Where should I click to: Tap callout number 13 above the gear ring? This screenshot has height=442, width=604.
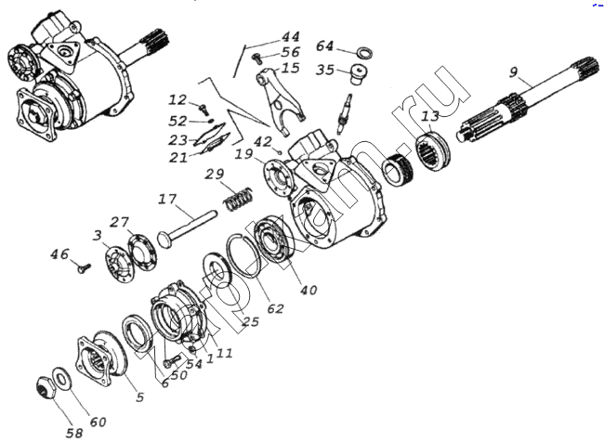429,116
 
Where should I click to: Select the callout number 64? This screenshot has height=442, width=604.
324,46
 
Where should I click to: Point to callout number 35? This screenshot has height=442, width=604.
324,70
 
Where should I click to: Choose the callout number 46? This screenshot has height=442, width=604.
59,253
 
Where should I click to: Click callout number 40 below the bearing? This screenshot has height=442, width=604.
309,290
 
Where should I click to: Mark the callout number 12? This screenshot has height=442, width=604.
178,100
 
